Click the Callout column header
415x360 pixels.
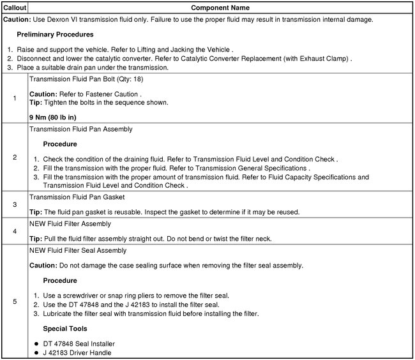[14, 8]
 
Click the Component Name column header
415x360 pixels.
[221, 8]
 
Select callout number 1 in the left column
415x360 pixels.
[14, 98]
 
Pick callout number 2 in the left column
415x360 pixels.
[14, 157]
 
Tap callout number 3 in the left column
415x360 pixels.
[14, 204]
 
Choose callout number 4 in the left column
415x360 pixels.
[14, 231]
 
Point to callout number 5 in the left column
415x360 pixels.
[14, 301]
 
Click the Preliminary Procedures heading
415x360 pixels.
[55, 34]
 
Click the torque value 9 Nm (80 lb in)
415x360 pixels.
[53, 117]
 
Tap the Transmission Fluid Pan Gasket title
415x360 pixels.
[77, 197]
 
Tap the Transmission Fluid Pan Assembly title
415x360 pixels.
[81, 129]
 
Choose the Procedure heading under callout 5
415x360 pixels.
[60, 280]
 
